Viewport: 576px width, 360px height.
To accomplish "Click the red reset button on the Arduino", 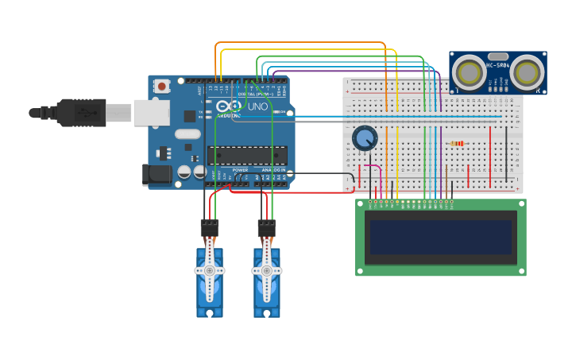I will point(162,86).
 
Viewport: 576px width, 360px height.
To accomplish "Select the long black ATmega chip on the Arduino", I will point(247,155).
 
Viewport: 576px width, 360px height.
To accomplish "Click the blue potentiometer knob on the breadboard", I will point(365,138).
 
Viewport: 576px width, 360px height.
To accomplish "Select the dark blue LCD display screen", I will point(440,237).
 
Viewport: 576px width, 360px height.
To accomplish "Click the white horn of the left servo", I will point(210,270).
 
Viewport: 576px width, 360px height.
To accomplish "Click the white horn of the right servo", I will point(267,270).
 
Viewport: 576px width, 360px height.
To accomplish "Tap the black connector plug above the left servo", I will point(210,227).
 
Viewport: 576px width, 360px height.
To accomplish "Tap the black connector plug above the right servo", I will point(267,227).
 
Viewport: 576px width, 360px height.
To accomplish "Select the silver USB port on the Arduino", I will point(150,113).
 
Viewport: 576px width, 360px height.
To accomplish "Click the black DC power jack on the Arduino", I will point(157,176).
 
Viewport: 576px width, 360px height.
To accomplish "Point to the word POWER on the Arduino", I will point(240,170).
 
